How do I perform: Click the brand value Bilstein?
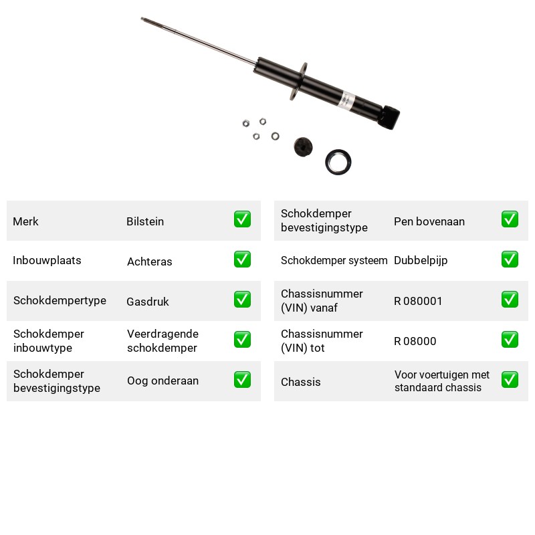pos(145,221)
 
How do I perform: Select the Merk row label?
pos(25,221)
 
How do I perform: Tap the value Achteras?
pos(149,261)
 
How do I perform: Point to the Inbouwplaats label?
pos(47,260)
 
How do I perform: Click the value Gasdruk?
pos(148,302)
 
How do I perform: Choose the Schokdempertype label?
pos(60,300)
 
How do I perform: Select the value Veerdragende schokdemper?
pos(163,340)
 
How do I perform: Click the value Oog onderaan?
pos(163,381)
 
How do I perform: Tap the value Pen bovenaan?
pos(429,221)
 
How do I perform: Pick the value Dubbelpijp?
pos(421,261)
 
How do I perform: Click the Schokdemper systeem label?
pos(334,260)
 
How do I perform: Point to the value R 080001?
pos(418,301)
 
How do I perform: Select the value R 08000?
pos(415,341)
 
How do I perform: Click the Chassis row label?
pos(300,382)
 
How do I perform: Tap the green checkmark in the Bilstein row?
pos(242,219)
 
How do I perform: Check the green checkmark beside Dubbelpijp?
pos(510,259)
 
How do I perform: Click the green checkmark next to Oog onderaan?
pos(242,379)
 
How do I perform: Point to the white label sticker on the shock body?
pos(347,100)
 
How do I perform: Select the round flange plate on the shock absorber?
pos(298,81)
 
